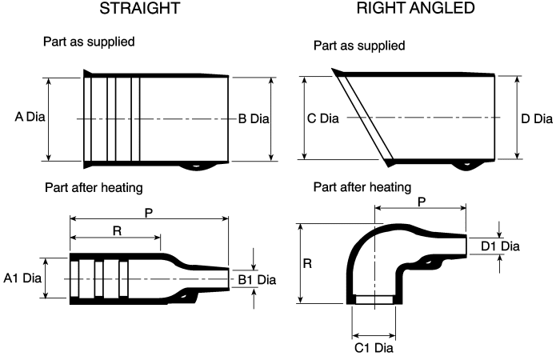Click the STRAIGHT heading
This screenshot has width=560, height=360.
(x=140, y=8)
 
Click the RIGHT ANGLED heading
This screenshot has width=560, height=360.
(x=416, y=8)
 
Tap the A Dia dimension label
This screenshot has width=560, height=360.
(x=30, y=117)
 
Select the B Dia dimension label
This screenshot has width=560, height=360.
(x=254, y=119)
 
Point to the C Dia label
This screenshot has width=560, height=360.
(x=323, y=118)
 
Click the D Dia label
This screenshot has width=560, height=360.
(x=537, y=119)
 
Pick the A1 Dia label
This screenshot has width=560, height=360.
(x=22, y=278)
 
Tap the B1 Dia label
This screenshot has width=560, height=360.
(x=257, y=280)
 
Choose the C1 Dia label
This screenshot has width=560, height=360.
(x=374, y=347)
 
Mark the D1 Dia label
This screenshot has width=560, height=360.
(x=500, y=246)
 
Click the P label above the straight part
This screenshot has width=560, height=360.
(x=149, y=214)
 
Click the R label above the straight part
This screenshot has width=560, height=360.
(x=117, y=231)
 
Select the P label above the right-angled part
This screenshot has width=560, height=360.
(x=422, y=202)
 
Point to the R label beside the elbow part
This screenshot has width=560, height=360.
(x=307, y=263)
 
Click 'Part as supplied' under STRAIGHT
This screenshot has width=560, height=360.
(x=89, y=42)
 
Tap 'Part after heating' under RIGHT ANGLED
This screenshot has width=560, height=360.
(x=362, y=187)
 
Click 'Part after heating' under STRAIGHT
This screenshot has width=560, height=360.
(x=94, y=187)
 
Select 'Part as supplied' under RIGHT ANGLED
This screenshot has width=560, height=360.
(x=359, y=46)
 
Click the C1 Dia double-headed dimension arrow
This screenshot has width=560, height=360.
(x=374, y=336)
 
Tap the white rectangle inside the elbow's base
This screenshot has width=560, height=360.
(x=374, y=300)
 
